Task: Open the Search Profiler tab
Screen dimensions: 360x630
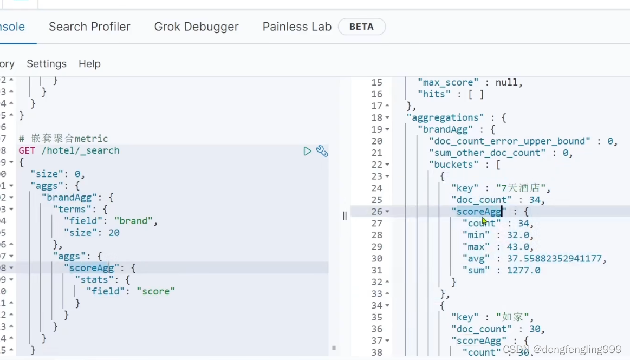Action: pyautogui.click(x=89, y=27)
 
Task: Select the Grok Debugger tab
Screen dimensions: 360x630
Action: pyautogui.click(x=196, y=27)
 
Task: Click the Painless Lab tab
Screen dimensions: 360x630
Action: pyautogui.click(x=297, y=27)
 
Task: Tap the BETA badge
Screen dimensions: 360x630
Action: pyautogui.click(x=361, y=27)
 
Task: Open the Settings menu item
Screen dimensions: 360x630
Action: pyautogui.click(x=47, y=64)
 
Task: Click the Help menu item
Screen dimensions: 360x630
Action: pyautogui.click(x=89, y=64)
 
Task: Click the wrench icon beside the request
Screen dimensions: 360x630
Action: pyautogui.click(x=322, y=151)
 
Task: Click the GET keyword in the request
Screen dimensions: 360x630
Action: pyautogui.click(x=27, y=150)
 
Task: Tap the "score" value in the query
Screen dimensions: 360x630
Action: pyautogui.click(x=155, y=291)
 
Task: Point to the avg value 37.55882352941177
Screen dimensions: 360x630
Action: pyautogui.click(x=549, y=258)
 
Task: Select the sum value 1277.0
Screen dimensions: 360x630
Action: pyautogui.click(x=523, y=270)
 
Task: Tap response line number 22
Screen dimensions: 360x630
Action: pyautogui.click(x=377, y=164)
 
